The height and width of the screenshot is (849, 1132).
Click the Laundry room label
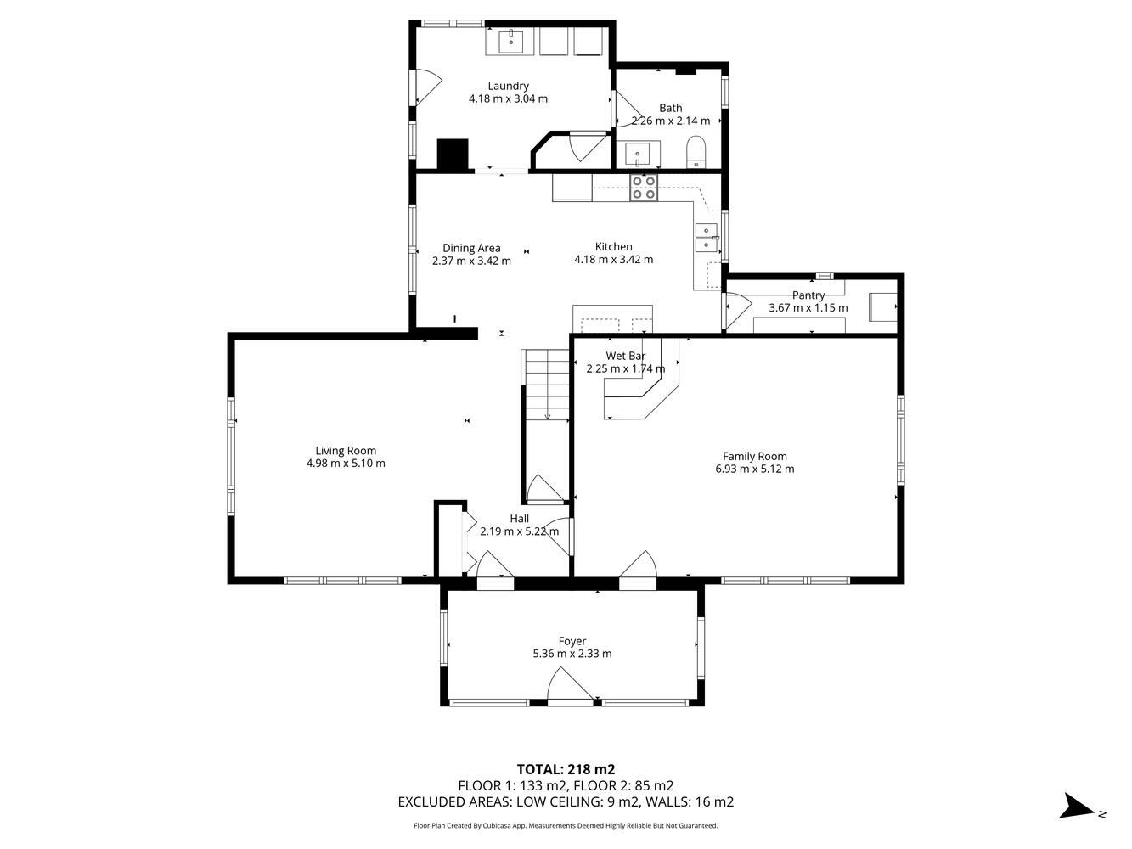pyautogui.click(x=508, y=86)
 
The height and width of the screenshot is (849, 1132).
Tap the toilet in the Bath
pyautogui.click(x=696, y=152)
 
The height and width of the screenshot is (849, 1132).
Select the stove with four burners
pyautogui.click(x=644, y=188)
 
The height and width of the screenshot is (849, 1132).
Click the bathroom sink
pyautogui.click(x=639, y=155)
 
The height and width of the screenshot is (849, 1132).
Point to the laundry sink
pyautogui.click(x=510, y=42)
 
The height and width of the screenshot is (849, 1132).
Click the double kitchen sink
pyautogui.click(x=707, y=238)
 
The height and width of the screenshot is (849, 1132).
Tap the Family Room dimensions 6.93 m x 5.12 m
pyautogui.click(x=754, y=469)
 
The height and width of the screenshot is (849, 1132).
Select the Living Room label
pyautogui.click(x=346, y=451)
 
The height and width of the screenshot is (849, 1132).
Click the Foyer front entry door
pyautogui.click(x=571, y=687)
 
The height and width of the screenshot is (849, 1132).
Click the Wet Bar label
pyautogui.click(x=626, y=356)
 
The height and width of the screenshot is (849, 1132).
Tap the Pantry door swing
pyautogui.click(x=737, y=311)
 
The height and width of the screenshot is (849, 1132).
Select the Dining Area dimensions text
pyautogui.click(x=471, y=261)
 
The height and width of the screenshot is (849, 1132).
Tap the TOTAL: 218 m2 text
pyautogui.click(x=566, y=769)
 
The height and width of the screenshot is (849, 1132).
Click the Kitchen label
pyautogui.click(x=614, y=246)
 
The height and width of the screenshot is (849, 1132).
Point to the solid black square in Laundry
pyautogui.click(x=453, y=154)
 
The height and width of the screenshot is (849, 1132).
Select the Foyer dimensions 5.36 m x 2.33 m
pyautogui.click(x=572, y=654)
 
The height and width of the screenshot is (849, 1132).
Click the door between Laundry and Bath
pyautogui.click(x=625, y=109)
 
